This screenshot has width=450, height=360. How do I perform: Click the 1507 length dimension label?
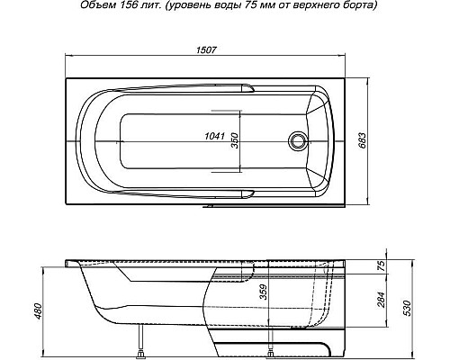pyautogui.click(x=206, y=49)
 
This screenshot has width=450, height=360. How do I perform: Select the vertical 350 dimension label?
pyautogui.click(x=234, y=140)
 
